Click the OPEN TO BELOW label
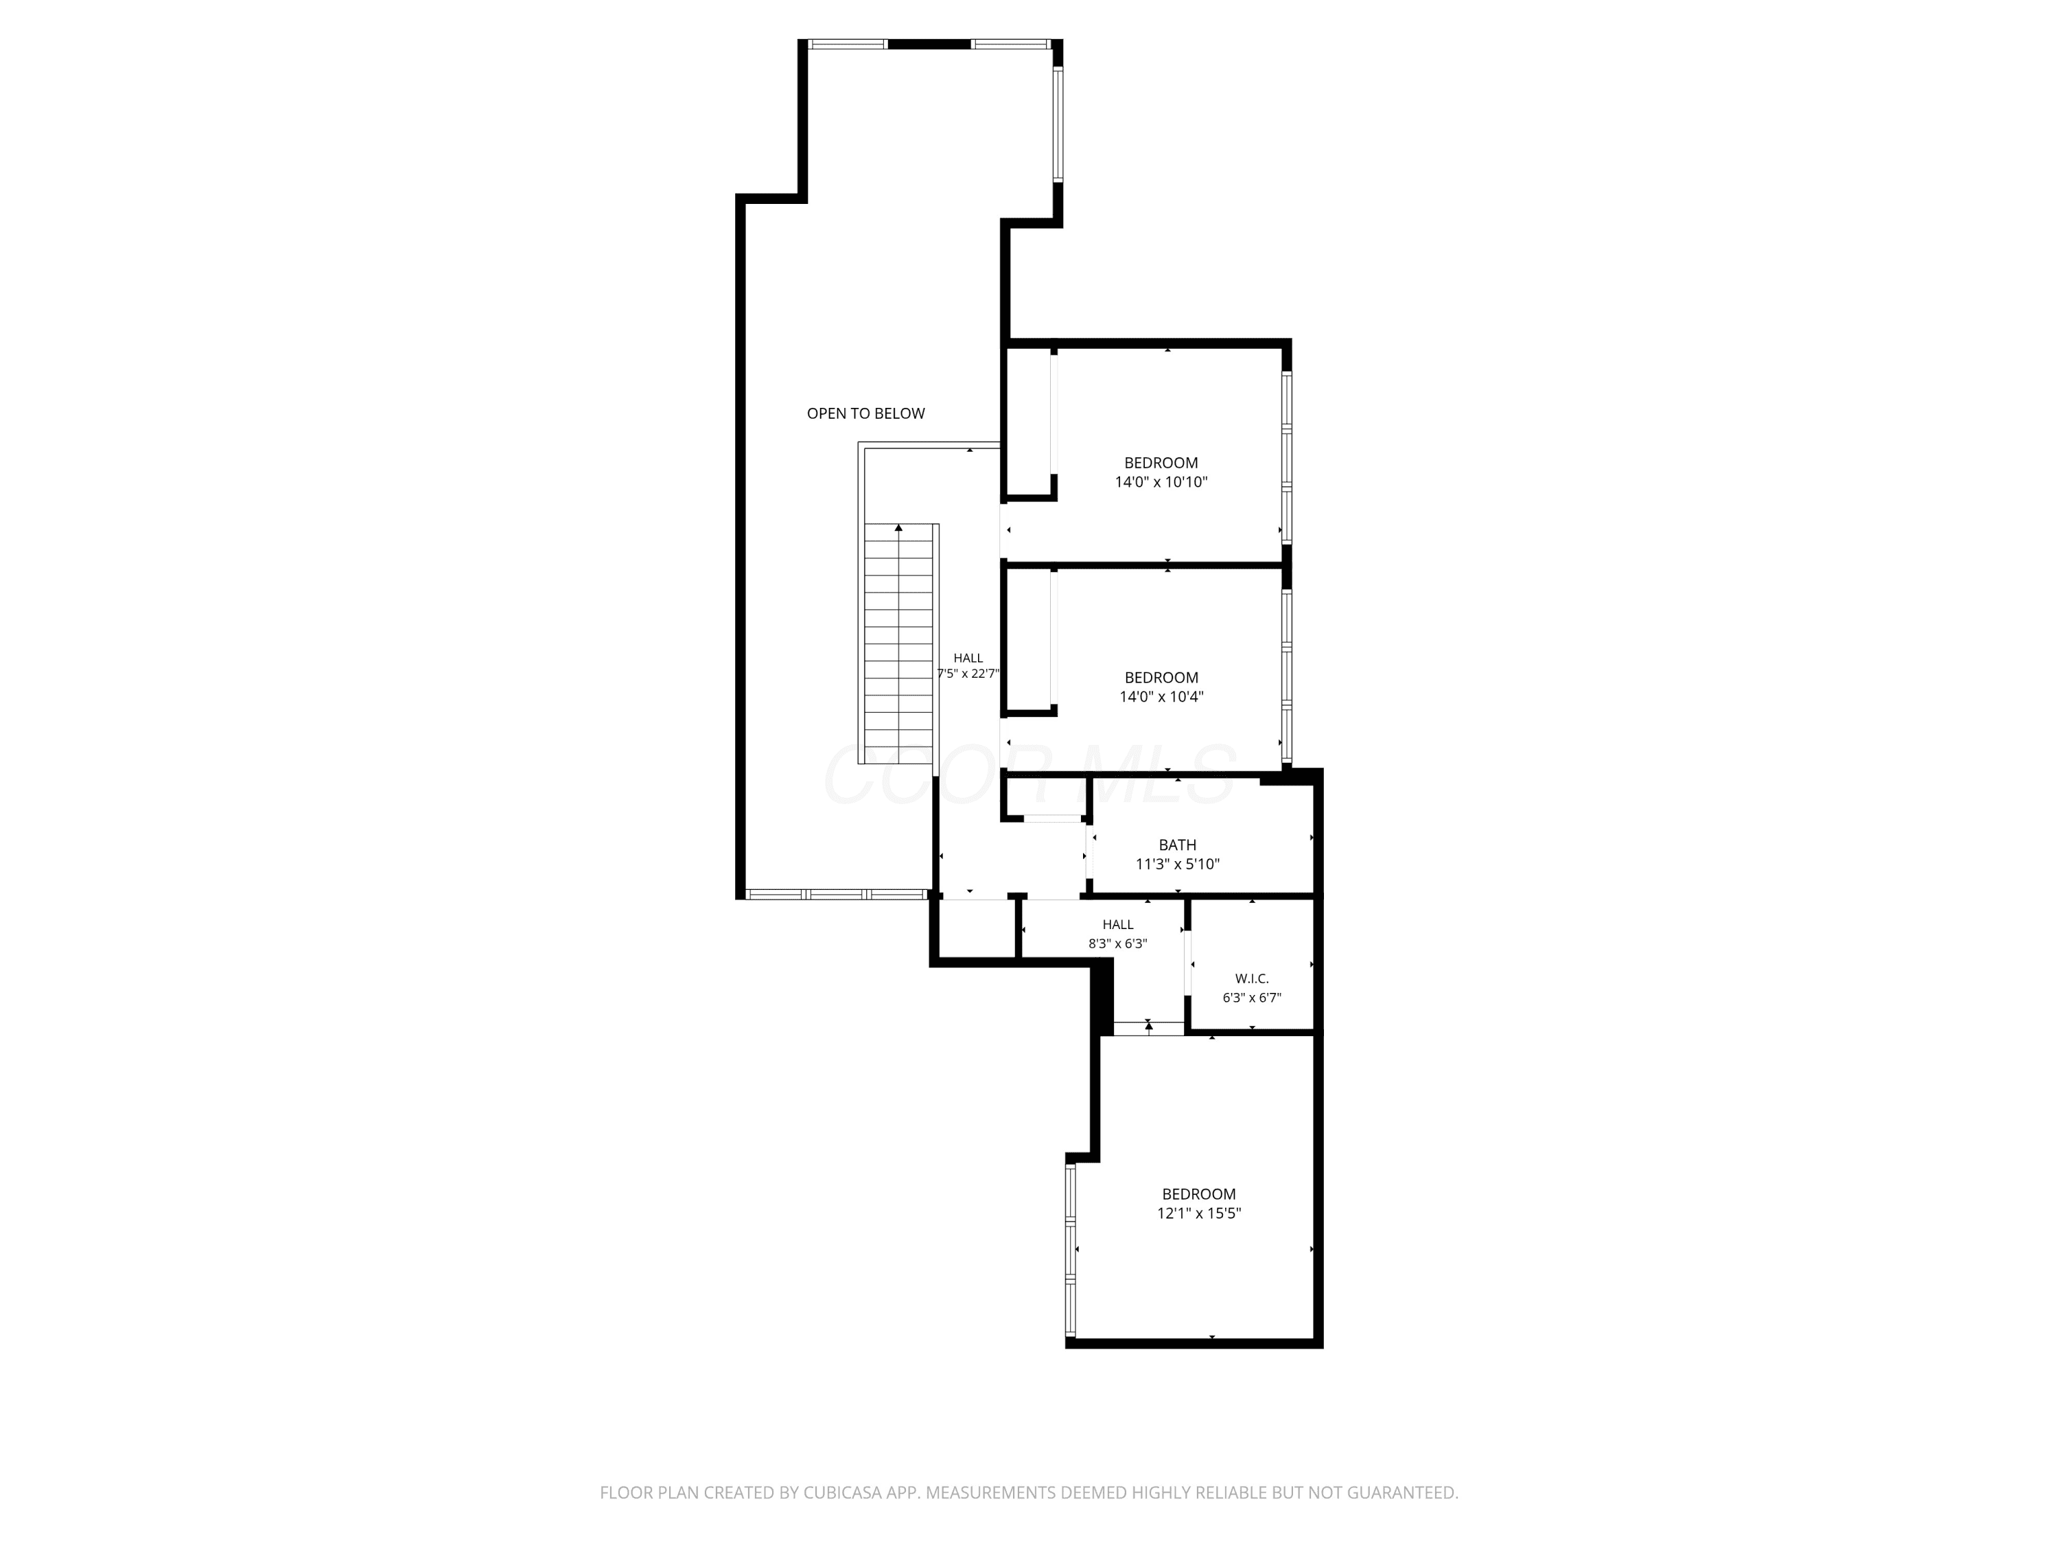865,413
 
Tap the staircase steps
899,645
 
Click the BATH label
1178,845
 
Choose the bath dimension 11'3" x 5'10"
1178,865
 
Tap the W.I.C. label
1252,978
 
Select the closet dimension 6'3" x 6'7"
1252,998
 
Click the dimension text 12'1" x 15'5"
1199,1213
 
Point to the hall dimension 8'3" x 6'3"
1118,943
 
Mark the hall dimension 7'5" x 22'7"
968,674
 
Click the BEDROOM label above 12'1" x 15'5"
1199,1194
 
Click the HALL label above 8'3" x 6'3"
1118,925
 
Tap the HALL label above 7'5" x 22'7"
968,659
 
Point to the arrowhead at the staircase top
899,528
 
